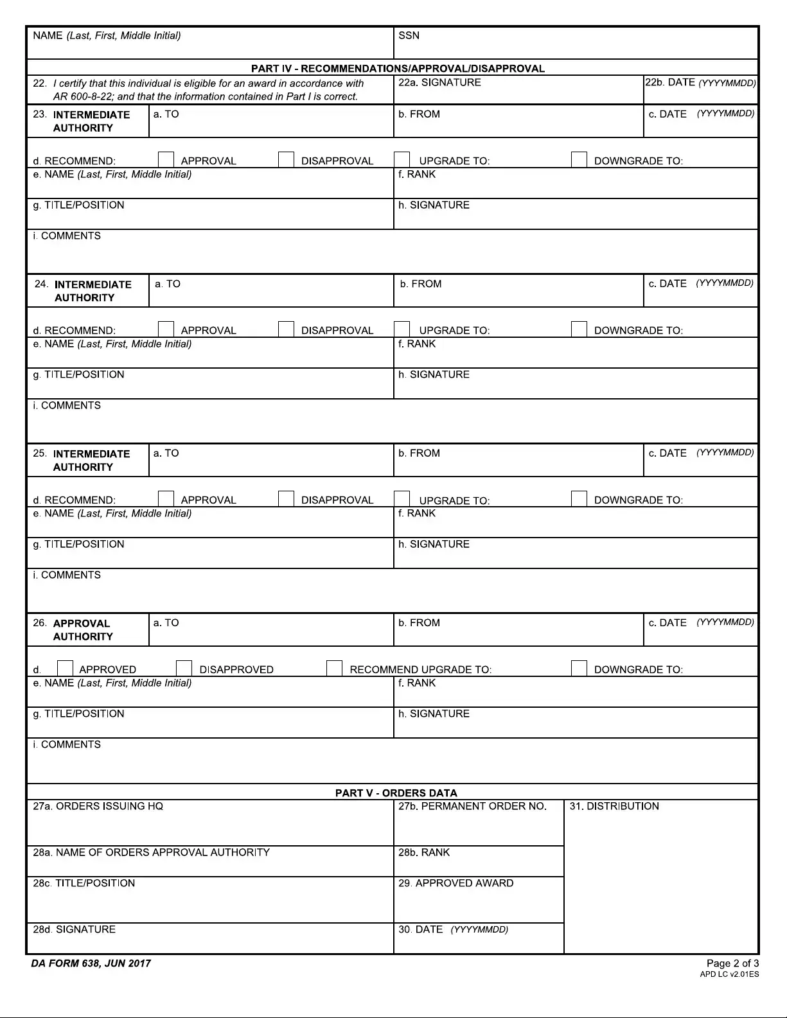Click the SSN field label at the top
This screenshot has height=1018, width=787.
pos(409,36)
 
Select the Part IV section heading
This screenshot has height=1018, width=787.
pos(398,69)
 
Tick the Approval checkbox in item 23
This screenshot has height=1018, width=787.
pos(166,160)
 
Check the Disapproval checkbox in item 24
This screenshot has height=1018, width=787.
pos(286,329)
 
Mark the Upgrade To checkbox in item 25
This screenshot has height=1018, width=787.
pos(402,499)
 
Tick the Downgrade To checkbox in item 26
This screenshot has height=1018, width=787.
pos(579,669)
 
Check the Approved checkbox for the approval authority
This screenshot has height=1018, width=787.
pos(65,669)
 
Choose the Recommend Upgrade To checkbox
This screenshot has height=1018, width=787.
pos(334,669)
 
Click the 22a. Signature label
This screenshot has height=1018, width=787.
pos(439,83)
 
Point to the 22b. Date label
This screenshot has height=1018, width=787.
pos(700,83)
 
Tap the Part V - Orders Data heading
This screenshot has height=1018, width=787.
pos(396,793)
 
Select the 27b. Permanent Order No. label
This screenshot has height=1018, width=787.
pos(472,807)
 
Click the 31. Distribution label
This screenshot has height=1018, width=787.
pos(614,807)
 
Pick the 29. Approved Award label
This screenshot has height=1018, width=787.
pos(455,884)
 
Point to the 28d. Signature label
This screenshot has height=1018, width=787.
pos(75,930)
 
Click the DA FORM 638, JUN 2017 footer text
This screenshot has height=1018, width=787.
pos(91,963)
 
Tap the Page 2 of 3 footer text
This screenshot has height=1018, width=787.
pos(732,963)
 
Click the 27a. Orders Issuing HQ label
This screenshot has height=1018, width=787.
pos(98,807)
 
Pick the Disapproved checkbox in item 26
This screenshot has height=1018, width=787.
pos(184,669)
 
